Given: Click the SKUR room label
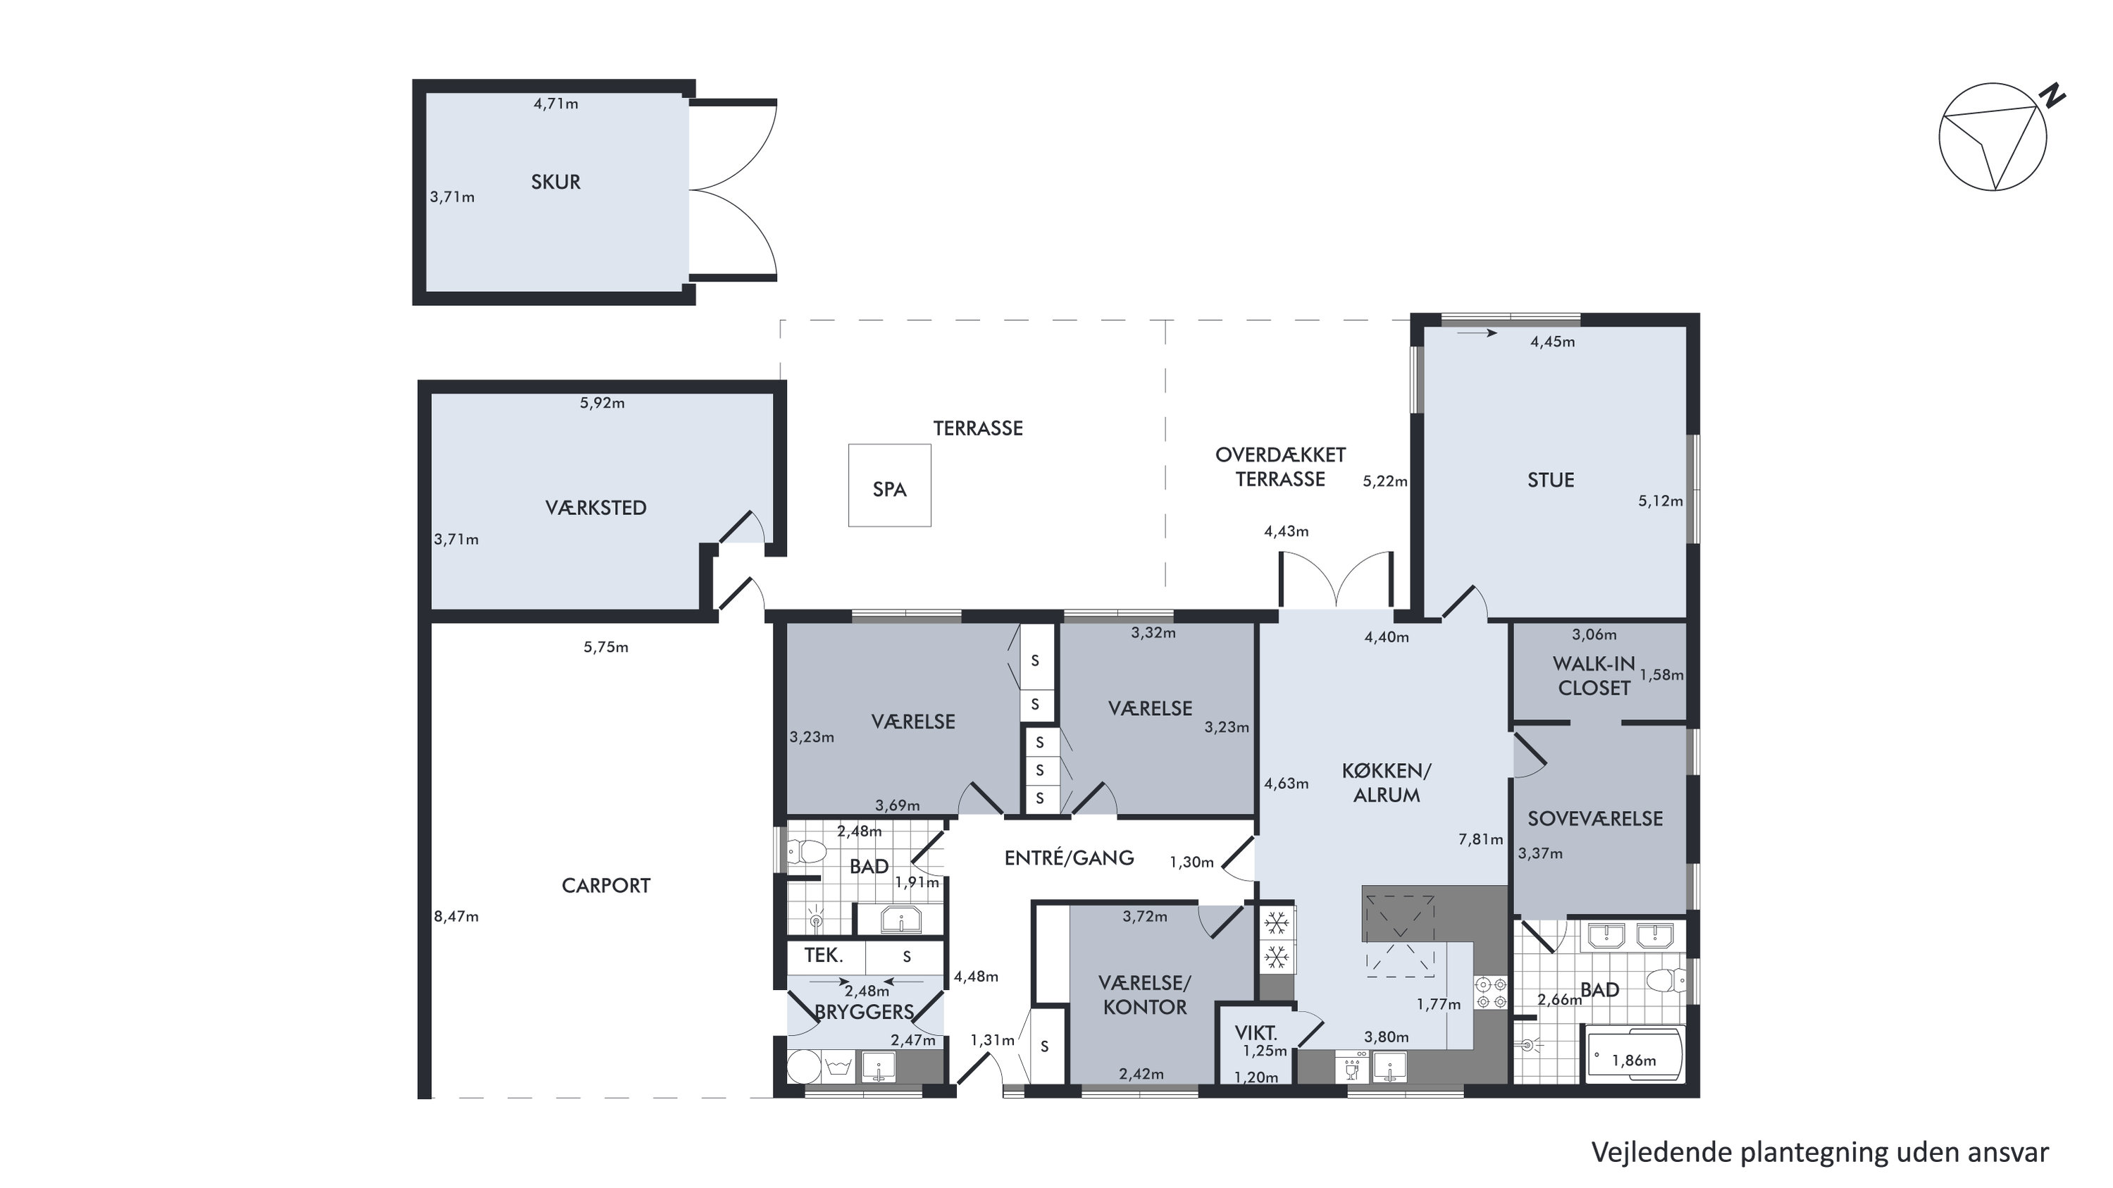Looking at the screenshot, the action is point(555,181).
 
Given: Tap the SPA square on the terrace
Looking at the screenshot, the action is point(889,485).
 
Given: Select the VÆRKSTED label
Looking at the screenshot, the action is point(595,507).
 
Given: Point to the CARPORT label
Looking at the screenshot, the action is point(605,885).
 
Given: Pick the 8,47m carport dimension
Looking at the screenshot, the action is point(456,917).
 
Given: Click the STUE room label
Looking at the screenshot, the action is point(1550,480).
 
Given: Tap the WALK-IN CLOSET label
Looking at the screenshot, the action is point(1594,675).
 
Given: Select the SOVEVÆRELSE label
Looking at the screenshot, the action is point(1594,818).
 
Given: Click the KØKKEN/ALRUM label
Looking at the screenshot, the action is point(1387,783).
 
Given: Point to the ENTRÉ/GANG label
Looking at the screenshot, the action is point(1069,858).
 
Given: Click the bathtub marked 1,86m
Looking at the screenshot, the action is point(1634,1054).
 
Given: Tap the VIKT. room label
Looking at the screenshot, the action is point(1256,1033).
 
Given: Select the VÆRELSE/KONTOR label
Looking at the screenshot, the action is point(1144,994).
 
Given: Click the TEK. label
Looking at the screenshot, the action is point(824,955).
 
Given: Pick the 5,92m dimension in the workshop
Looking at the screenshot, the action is point(602,403).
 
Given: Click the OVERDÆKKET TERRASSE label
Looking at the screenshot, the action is point(1280,467).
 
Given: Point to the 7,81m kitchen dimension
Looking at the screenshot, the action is point(1480,839).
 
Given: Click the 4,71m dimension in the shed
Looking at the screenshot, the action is point(555,104).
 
